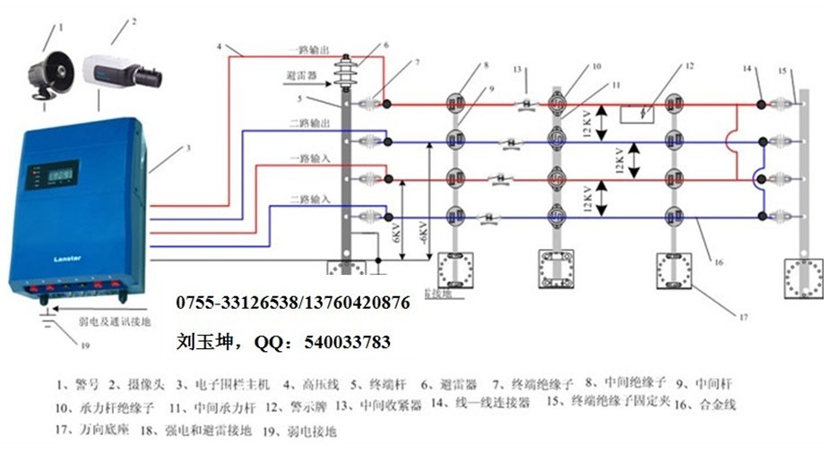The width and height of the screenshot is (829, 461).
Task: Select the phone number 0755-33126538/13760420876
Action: click(x=292, y=303)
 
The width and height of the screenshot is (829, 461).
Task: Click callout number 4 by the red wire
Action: click(x=219, y=46)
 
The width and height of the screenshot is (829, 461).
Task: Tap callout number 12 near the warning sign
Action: click(x=689, y=66)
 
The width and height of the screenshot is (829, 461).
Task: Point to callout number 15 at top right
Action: click(x=782, y=71)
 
